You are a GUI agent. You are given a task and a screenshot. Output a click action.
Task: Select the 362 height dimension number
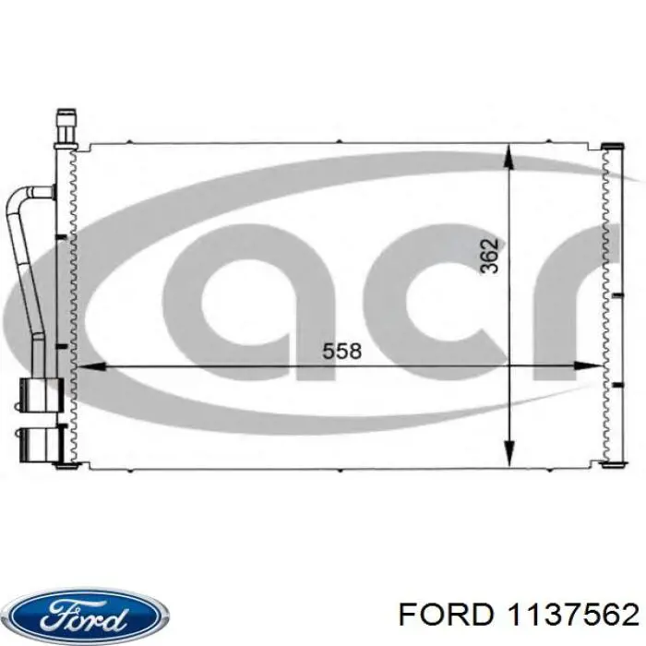pyautogui.click(x=489, y=256)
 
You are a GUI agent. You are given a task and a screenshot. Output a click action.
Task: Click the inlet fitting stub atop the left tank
pyautogui.click(x=66, y=125)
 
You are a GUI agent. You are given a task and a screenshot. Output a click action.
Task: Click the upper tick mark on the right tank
pyautogui.click(x=616, y=295)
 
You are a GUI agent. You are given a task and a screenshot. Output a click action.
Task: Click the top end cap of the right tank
pyautogui.click(x=612, y=146)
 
